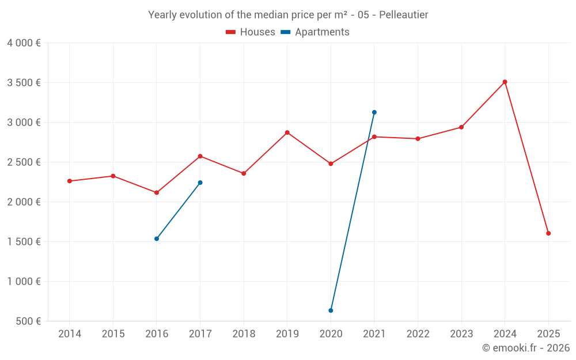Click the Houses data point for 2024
pos(505,82)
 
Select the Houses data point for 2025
pos(548,233)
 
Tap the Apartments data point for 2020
pos(331,310)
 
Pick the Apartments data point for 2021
pos(374,112)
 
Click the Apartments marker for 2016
pos(157,238)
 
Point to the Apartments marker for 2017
pos(200,183)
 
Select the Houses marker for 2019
pos(287,132)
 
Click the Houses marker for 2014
pos(70,181)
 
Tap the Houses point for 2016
pos(157,192)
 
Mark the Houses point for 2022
pos(418,139)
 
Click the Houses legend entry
pos(251,32)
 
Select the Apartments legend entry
pos(315,32)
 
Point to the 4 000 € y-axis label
pos(24,43)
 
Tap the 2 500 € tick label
pos(24,162)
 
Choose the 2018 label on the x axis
pos(244,334)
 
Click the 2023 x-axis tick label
pos(461,334)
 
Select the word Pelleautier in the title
pos(403,15)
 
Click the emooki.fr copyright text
pos(525,348)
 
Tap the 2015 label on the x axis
pos(113,334)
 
